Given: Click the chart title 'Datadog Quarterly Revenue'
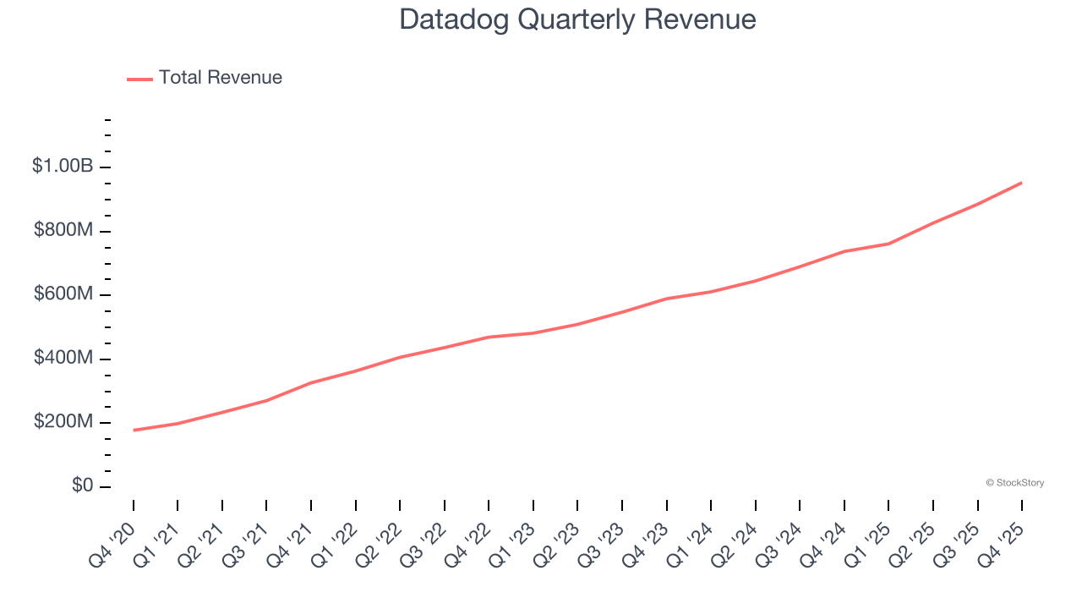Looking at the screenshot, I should click(x=577, y=19).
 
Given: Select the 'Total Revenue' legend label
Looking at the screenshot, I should click(x=220, y=78).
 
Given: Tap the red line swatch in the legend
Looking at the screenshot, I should click(x=139, y=79).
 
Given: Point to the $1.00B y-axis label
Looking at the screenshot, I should click(x=63, y=167).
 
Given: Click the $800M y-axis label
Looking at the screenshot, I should click(x=63, y=231).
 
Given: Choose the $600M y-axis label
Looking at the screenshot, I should click(x=63, y=294).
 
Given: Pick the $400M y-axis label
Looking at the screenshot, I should click(x=63, y=359).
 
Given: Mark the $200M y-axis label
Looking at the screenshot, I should click(x=63, y=422).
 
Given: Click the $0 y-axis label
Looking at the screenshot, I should click(x=83, y=486).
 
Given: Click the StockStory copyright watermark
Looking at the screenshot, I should click(x=1014, y=483).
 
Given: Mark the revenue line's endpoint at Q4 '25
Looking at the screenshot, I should click(x=1021, y=183).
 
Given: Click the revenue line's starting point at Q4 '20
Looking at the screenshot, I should click(x=134, y=431).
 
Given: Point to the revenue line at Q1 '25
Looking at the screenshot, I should click(x=888, y=244).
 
